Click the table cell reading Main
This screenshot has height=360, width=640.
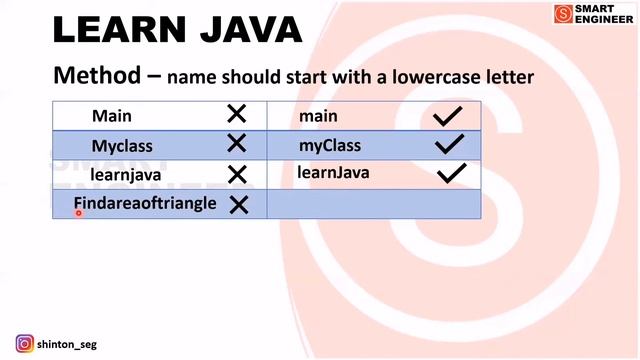pos(111,116)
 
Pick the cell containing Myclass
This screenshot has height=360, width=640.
pos(122,146)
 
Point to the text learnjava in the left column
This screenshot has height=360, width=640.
pos(125,175)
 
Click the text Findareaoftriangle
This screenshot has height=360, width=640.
pos(145,203)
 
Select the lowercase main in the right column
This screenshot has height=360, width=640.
pos(318,116)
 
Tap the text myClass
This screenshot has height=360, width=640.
pos(329,146)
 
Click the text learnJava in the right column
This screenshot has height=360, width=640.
pos(333,173)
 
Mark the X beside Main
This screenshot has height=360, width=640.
pos(236,115)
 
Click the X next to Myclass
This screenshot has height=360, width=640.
pos(236,145)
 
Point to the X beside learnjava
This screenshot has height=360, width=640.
pos(237,175)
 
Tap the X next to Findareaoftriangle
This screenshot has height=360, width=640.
pos(238,205)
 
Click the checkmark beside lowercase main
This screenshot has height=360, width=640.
pos(447,117)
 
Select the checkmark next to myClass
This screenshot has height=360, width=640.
pos(449,146)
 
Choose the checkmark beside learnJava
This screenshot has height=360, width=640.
pos(452,174)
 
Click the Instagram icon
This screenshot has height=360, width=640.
pos(24,344)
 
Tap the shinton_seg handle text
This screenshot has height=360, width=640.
pos(67,345)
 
